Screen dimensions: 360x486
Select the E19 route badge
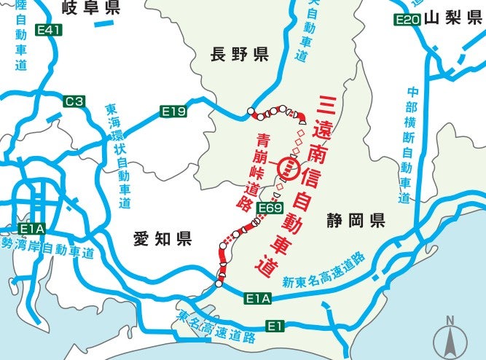click(x=174, y=111)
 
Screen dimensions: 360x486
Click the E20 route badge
click(x=407, y=20)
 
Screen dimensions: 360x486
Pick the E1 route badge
click(x=275, y=325)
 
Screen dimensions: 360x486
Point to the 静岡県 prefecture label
click(x=356, y=220)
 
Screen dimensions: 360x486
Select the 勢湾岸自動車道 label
click(x=48, y=249)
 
